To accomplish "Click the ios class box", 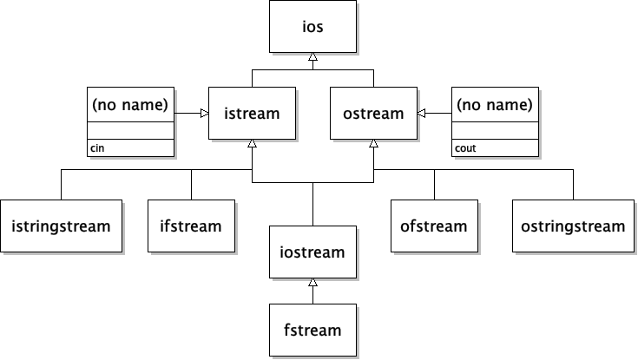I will pos(312,26).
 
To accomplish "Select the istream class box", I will pos(252,113).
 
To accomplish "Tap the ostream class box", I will pos(373,113).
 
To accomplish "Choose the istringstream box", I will pos(61,226).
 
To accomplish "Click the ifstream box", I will pos(191,226).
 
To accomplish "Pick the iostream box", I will pos(312,252).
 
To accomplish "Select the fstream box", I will pos(312,330).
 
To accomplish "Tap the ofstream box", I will pos(434,226).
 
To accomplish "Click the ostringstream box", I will pos(573,226).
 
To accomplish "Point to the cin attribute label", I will pos(96,148).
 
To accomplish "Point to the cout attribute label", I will pos(465,148).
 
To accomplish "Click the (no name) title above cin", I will pos(130,105).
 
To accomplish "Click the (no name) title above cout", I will pos(495,105).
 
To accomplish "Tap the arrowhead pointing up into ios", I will pos(312,57).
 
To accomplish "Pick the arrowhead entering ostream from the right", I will pos(422,113).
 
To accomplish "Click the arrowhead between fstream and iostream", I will pos(312,283).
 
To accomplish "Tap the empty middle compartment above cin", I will pos(130,130).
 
